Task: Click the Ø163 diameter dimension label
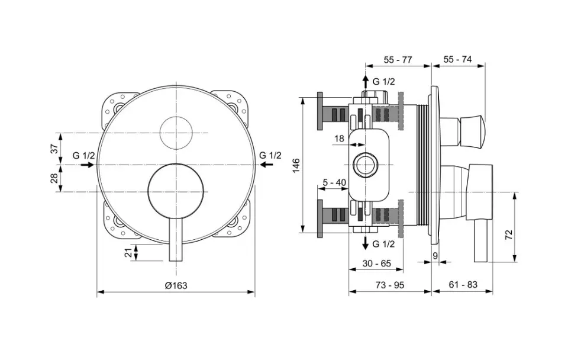pos(176,285)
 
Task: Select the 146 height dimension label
pos(296,165)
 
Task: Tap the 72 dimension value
pos(509,234)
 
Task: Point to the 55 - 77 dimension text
pos(398,59)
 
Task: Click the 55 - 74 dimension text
pos(457,59)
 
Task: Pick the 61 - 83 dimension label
pos(463,285)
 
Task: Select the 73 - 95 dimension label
pos(389,285)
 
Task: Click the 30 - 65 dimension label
pos(377,263)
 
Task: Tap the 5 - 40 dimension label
pos(334,182)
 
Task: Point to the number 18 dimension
pos(339,139)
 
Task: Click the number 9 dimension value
pos(435,256)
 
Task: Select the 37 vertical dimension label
pos(54,149)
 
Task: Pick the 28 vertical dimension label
pos(54,178)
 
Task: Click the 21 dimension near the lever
pos(128,253)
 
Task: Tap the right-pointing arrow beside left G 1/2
pos(87,165)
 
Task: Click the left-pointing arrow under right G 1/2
pos(266,165)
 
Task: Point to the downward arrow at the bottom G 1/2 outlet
pos(366,243)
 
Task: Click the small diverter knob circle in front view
pos(176,133)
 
